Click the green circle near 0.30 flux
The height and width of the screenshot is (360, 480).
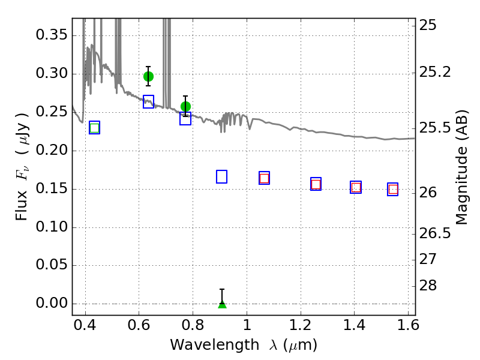tap(148, 76)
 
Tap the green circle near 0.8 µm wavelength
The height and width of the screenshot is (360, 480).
tap(185, 107)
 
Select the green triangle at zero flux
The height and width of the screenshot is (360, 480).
tap(222, 304)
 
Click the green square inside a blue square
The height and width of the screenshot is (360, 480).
tap(95, 128)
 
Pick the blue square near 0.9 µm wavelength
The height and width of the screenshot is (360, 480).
tap(221, 176)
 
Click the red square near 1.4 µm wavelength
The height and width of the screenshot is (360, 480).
tap(356, 187)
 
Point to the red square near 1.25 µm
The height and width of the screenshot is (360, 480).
tap(316, 184)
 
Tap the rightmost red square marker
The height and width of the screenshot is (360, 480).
tap(393, 190)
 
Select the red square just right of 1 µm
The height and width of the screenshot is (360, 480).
tap(264, 178)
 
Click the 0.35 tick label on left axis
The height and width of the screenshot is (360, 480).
tap(52, 35)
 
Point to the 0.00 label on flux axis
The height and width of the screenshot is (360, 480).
tap(52, 303)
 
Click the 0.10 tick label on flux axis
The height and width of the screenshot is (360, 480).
tap(52, 227)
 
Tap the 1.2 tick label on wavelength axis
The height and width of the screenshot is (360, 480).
tap(301, 325)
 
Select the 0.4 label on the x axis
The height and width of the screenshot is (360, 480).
tap(85, 325)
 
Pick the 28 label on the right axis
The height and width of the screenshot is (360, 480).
tap(428, 286)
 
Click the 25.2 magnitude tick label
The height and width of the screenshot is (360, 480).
tap(435, 73)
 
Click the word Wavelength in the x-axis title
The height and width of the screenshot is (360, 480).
tap(215, 346)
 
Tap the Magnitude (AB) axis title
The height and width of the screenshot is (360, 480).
tap(461, 167)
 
